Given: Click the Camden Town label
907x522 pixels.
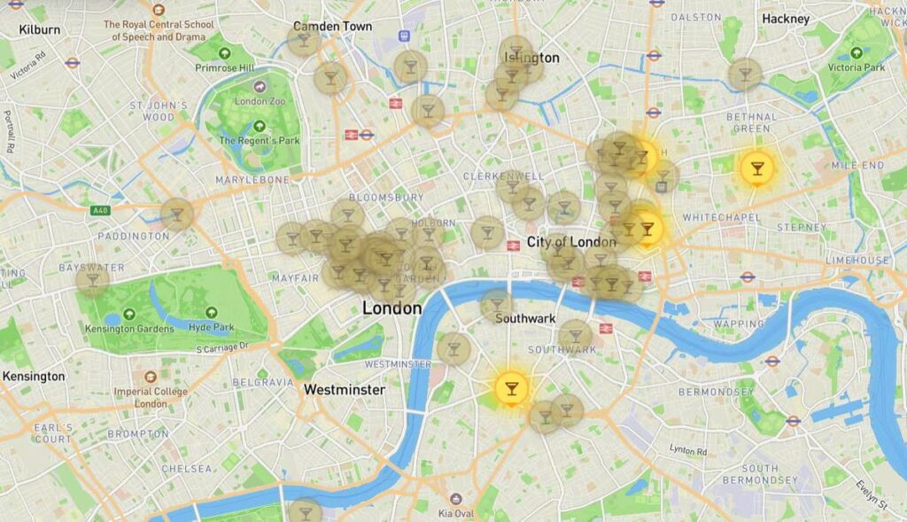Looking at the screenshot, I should (333, 27).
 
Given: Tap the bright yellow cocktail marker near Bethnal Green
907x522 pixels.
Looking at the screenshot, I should (756, 167).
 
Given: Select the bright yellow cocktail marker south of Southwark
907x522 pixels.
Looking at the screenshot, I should (510, 388).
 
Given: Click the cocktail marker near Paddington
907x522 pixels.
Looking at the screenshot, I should (177, 214).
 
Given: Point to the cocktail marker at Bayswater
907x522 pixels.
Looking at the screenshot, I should (92, 279).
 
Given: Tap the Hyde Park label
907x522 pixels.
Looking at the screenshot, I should (212, 327).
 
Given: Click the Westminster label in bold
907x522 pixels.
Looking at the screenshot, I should (344, 390).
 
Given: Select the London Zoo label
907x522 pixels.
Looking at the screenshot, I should (260, 101).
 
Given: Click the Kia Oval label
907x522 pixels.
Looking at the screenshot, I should (457, 513).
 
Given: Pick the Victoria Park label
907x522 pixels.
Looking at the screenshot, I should (857, 67).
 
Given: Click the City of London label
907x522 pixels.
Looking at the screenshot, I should (571, 242).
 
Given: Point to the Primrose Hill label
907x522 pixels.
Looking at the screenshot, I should (224, 67).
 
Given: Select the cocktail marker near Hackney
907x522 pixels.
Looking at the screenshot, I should (745, 74).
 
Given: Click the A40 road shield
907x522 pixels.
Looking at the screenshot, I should (99, 211).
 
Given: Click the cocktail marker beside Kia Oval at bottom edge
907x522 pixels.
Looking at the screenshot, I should (305, 511).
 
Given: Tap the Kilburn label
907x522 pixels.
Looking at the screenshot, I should (39, 29).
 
